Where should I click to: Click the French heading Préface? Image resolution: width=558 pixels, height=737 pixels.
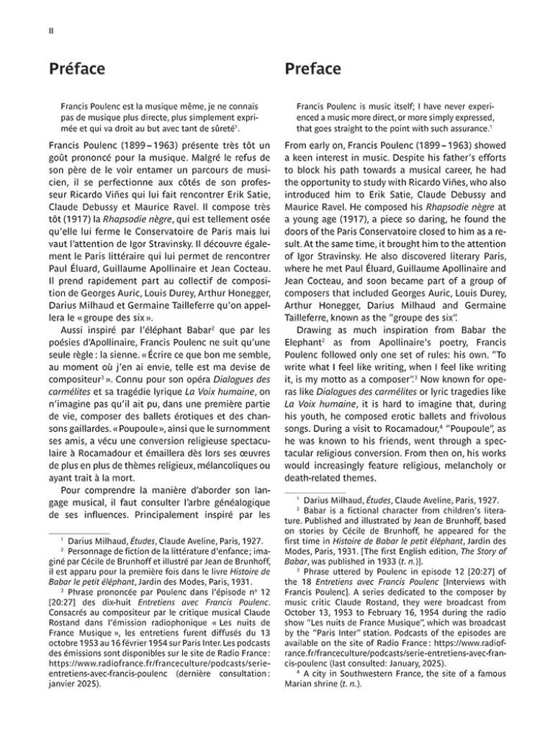pyautogui.click(x=76, y=69)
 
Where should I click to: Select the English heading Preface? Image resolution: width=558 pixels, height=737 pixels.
pyautogui.click(x=312, y=69)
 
